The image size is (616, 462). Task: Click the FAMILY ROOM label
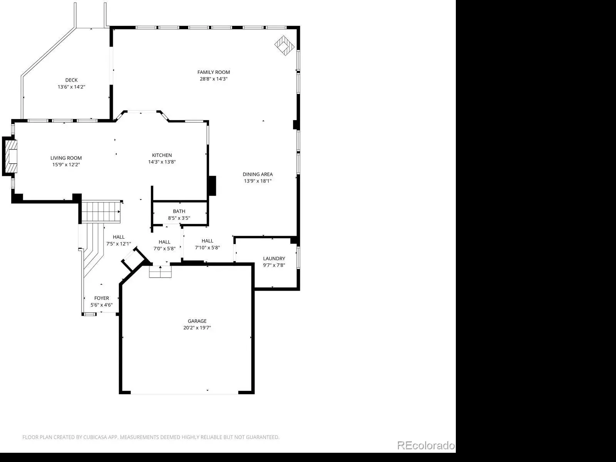click(x=214, y=72)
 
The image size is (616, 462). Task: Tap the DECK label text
click(x=71, y=80)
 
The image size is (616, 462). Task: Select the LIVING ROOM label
click(x=66, y=158)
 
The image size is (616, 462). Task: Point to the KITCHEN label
click(x=162, y=155)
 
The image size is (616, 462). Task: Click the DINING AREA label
click(x=258, y=174)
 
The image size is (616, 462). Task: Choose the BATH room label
click(x=179, y=211)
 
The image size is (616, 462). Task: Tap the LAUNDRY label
click(x=274, y=258)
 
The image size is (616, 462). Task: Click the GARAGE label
click(x=197, y=321)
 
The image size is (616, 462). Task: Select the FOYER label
click(x=102, y=298)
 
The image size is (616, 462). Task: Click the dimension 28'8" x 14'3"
click(x=214, y=79)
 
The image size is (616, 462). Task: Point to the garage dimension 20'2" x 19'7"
click(x=197, y=328)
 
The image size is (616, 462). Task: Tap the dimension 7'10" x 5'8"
click(x=208, y=248)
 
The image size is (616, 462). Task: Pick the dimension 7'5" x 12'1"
click(x=119, y=244)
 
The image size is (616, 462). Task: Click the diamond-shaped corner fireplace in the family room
click(x=285, y=45)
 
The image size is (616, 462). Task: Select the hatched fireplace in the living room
click(x=12, y=156)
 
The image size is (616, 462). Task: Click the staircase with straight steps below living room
click(x=101, y=212)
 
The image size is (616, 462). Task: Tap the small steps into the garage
click(x=160, y=271)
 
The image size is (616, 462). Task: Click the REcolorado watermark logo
click(x=426, y=445)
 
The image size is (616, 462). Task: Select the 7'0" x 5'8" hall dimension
click(x=164, y=249)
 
